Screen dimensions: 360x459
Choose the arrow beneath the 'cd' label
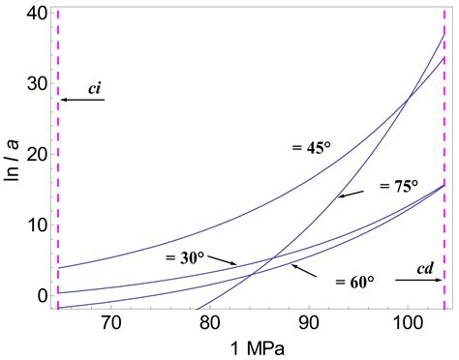(418, 280)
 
